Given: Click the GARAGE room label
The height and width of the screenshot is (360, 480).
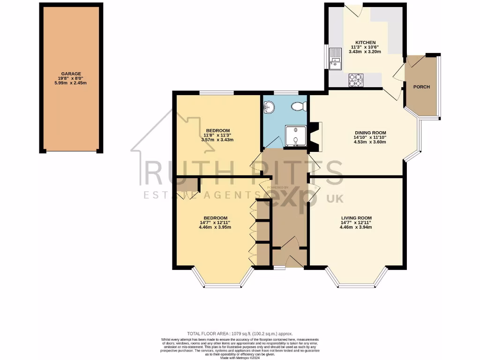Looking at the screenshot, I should point(71,74).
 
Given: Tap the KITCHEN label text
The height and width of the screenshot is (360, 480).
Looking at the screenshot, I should point(365,43).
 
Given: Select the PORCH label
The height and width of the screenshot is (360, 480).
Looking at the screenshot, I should point(421,87).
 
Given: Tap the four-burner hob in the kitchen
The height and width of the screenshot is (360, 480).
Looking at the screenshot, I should point(356,80).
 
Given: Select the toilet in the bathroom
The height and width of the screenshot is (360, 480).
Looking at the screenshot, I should point(297,107).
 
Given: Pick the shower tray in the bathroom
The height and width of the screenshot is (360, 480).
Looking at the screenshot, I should point(295,136).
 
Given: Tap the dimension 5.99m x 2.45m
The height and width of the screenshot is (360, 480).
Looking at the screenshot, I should point(71,83).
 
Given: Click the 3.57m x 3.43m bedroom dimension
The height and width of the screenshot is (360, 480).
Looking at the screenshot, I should point(217,140).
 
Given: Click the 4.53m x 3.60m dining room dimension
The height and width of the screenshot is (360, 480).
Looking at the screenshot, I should point(370,142).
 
